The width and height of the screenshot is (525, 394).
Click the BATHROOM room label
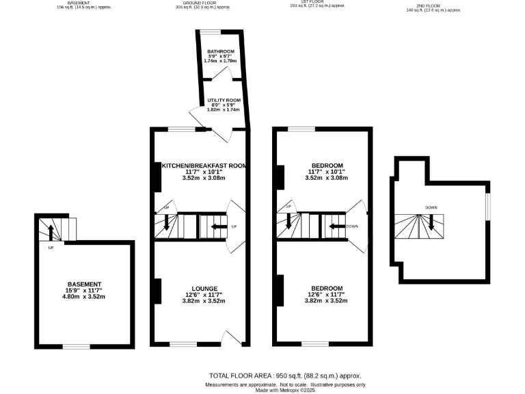pos(221,52)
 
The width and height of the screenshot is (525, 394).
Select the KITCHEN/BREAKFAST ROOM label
pos(203,166)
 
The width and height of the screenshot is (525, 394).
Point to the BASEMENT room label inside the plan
pos(84,285)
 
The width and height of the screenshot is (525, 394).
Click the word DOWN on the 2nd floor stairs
pos(431,207)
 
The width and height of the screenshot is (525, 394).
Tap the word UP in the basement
pos(51,248)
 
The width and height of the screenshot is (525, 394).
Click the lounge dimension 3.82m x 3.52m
pos(203,301)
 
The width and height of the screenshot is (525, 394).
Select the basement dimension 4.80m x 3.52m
pos(84,297)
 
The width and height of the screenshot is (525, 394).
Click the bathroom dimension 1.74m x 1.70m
pos(221,62)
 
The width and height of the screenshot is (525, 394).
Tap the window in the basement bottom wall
pos(77,346)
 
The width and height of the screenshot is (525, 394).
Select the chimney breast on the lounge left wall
pos(157,291)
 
